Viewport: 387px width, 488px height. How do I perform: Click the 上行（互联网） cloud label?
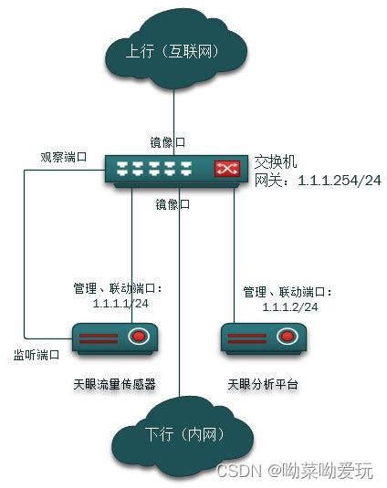[173, 51]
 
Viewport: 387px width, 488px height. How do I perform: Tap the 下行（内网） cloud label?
[184, 433]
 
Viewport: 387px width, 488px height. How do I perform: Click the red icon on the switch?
[227, 169]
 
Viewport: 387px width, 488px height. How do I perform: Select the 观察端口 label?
[64, 157]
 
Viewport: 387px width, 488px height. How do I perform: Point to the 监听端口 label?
[37, 355]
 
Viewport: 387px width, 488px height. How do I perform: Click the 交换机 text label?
[276, 161]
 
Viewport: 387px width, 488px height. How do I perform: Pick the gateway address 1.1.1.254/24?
[340, 181]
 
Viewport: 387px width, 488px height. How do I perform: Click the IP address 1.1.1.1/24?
[120, 303]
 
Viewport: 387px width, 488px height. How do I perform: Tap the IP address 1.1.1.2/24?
[290, 306]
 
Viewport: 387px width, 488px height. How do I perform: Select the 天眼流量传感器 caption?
[115, 384]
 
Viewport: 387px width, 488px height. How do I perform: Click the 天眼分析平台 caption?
[263, 384]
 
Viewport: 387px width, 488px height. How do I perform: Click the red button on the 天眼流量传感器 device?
[139, 336]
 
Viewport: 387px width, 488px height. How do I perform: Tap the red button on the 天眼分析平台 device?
[288, 336]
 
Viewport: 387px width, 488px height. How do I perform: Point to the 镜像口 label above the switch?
[168, 142]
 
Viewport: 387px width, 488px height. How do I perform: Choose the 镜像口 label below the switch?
[173, 204]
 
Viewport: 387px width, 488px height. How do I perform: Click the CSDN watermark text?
[238, 471]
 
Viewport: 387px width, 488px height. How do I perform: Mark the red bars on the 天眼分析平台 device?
[247, 338]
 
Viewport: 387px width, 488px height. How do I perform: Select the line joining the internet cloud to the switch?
[173, 122]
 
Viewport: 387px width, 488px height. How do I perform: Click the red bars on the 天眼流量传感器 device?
[99, 338]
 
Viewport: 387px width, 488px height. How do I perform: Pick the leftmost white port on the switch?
[122, 168]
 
